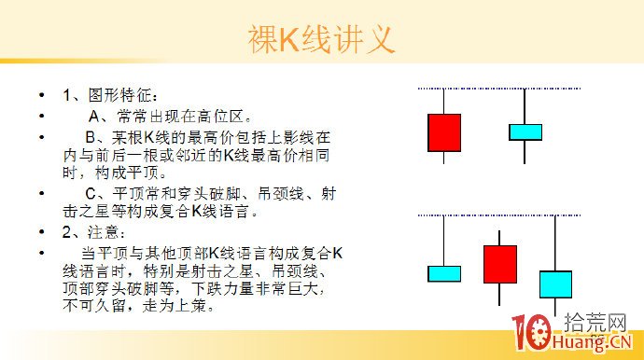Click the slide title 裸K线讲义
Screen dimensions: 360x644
pyautogui.click(x=321, y=38)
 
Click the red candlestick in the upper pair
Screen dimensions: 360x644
pyautogui.click(x=444, y=132)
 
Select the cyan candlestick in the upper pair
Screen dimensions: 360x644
pyautogui.click(x=525, y=132)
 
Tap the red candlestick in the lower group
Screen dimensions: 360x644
pyautogui.click(x=500, y=264)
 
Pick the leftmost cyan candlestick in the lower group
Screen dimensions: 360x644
pyautogui.click(x=444, y=273)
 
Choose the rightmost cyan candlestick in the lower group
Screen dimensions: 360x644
pyautogui.click(x=555, y=284)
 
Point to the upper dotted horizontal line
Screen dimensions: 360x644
pyautogui.click(x=498, y=89)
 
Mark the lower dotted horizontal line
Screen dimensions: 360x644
pyautogui.click(x=498, y=215)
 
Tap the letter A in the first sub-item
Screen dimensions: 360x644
pyautogui.click(x=92, y=117)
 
